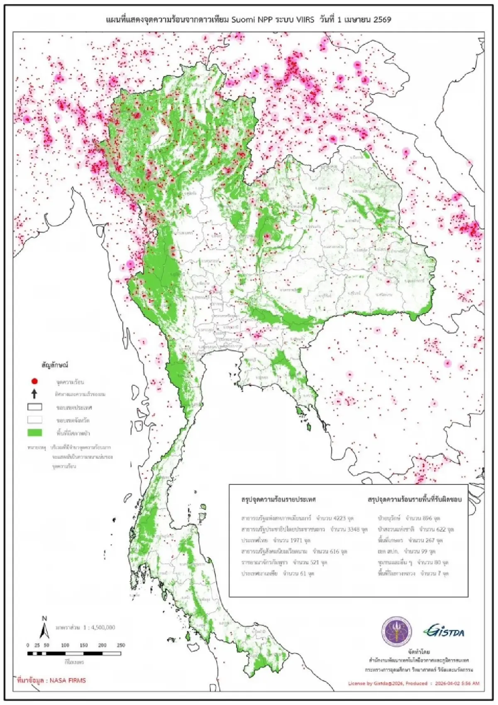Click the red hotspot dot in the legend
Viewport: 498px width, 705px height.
pyautogui.click(x=35, y=381)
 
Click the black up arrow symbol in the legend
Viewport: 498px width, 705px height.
pyautogui.click(x=35, y=394)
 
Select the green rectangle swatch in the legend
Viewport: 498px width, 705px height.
pyautogui.click(x=35, y=433)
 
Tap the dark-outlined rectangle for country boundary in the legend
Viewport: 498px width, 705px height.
pyautogui.click(x=35, y=407)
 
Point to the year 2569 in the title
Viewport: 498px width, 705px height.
pyautogui.click(x=381, y=19)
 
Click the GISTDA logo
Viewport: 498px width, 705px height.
pyautogui.click(x=444, y=632)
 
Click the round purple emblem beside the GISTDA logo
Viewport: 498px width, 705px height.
pyautogui.click(x=397, y=632)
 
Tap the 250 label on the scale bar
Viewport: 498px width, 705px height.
pyautogui.click(x=121, y=645)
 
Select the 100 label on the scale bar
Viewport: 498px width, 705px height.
pyautogui.click(x=65, y=645)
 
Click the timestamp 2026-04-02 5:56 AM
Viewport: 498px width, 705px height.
pyautogui.click(x=456, y=683)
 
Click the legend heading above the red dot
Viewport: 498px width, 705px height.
pyautogui.click(x=54, y=365)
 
